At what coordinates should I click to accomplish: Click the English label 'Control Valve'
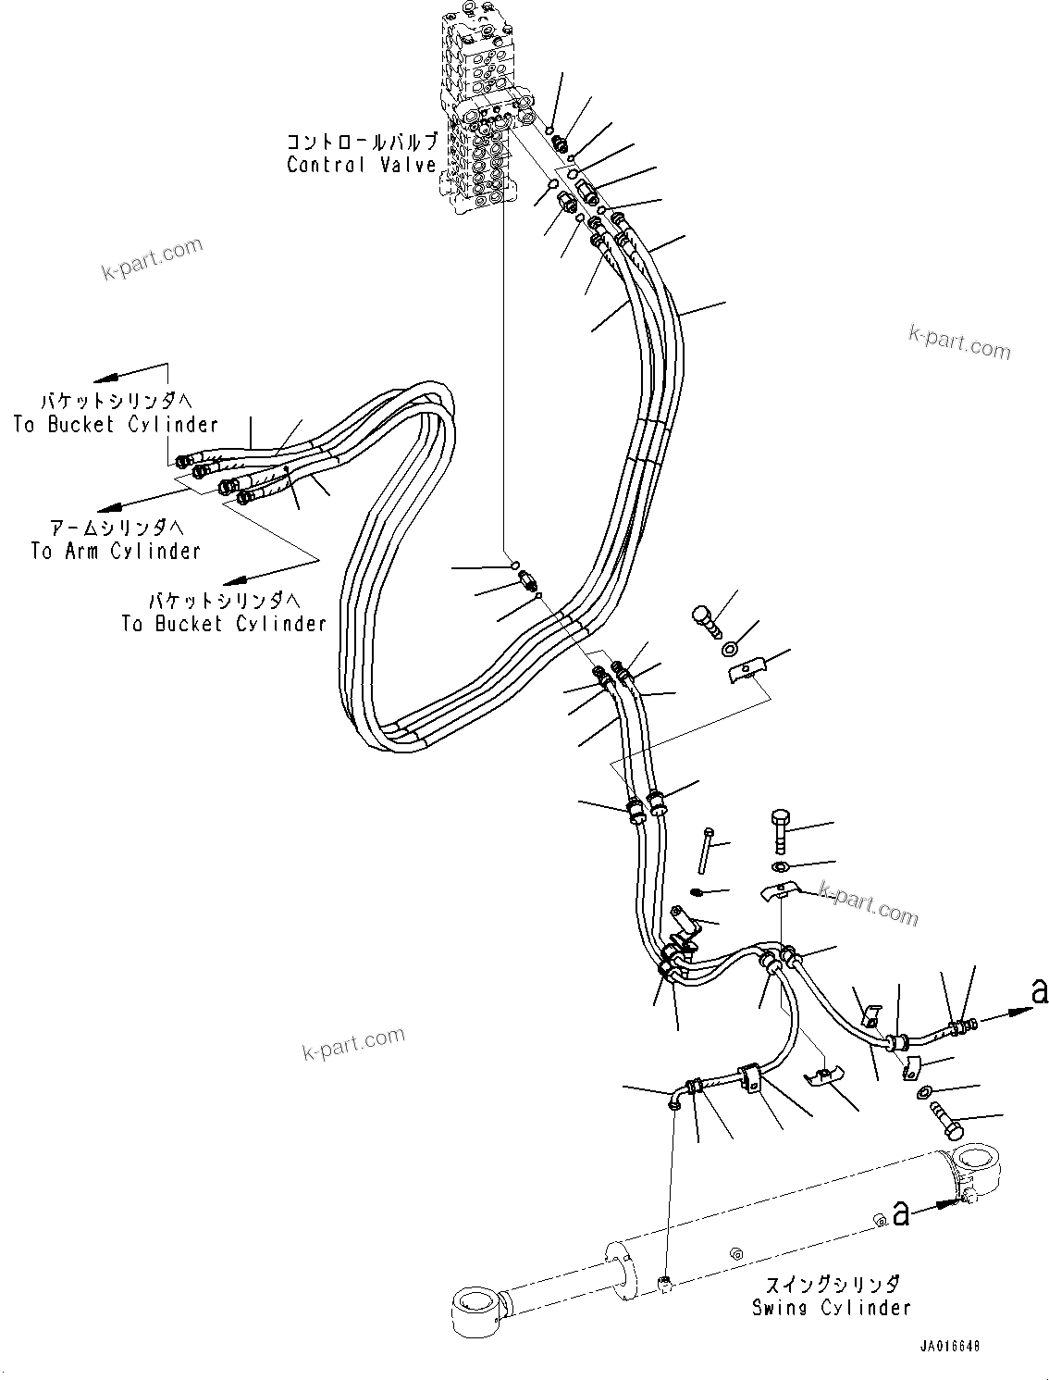(x=361, y=165)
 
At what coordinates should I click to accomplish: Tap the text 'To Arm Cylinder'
(x=115, y=551)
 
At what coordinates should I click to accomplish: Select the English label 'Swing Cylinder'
(x=831, y=1308)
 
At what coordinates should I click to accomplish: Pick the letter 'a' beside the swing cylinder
(x=899, y=1213)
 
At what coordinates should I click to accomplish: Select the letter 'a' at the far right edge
(x=1039, y=993)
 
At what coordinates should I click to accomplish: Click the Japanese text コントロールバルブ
(x=361, y=142)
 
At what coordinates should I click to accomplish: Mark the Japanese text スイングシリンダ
(x=831, y=1285)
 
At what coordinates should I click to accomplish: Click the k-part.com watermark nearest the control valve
(x=152, y=259)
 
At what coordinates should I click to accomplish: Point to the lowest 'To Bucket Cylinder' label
(x=223, y=624)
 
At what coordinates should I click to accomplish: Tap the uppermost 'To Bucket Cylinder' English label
(x=116, y=425)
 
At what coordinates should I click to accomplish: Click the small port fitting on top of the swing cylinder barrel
(x=665, y=1281)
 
